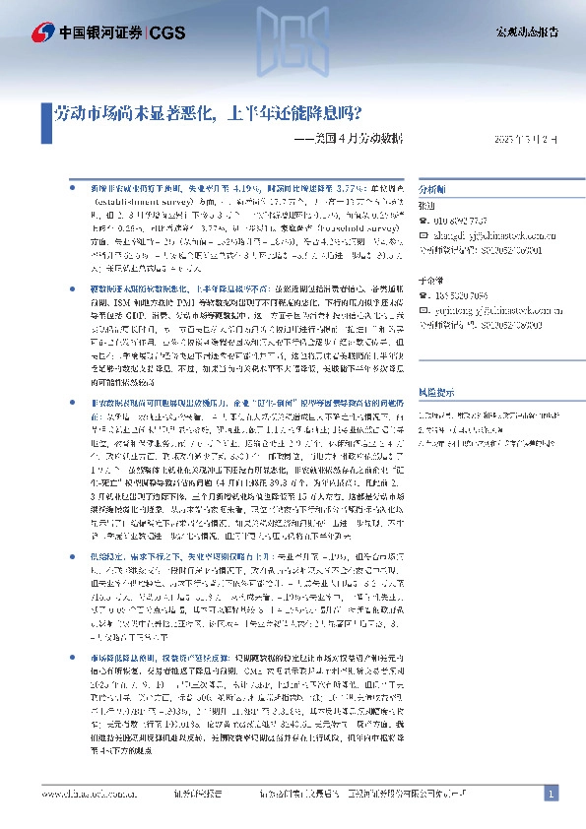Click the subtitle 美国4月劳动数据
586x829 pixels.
[x=341, y=139]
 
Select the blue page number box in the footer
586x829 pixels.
[x=553, y=794]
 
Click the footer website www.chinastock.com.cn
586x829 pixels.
[x=84, y=794]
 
